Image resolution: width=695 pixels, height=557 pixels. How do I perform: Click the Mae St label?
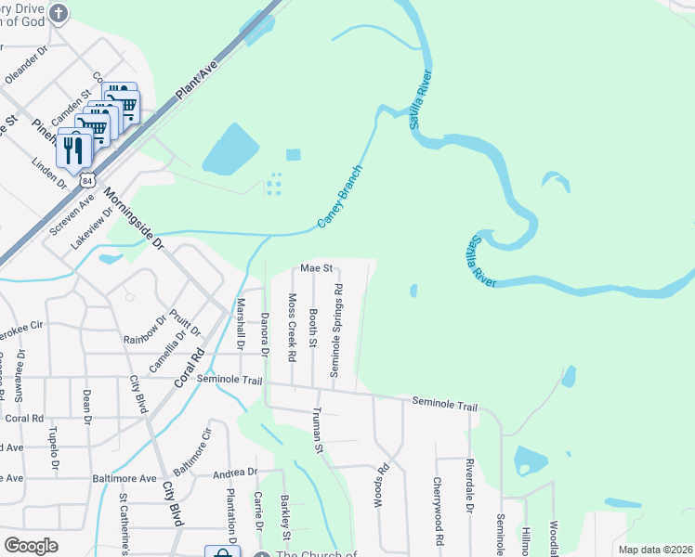click(x=316, y=268)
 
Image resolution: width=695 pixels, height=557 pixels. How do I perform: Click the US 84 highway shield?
click(x=86, y=176)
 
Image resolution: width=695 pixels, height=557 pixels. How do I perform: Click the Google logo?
click(x=31, y=546)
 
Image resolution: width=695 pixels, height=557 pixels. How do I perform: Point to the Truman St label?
click(x=318, y=431)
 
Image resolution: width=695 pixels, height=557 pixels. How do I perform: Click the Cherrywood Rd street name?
click(x=436, y=511)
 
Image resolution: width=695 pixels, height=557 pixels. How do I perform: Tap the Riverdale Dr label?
click(x=470, y=486)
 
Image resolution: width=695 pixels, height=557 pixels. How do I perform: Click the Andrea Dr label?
click(x=234, y=473)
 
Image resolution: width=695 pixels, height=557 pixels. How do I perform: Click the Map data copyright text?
click(x=655, y=550)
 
